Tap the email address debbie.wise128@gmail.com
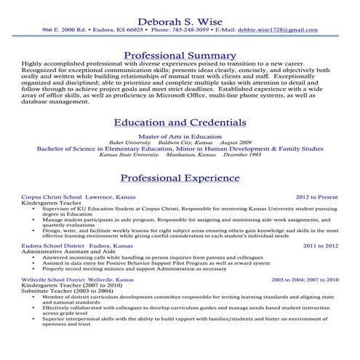281,32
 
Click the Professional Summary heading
179,56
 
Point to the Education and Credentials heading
180,123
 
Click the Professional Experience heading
180,178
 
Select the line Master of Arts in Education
179,136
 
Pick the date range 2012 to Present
316,197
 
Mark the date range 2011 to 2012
320,246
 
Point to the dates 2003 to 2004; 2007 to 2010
305,280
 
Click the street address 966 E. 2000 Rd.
66,32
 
